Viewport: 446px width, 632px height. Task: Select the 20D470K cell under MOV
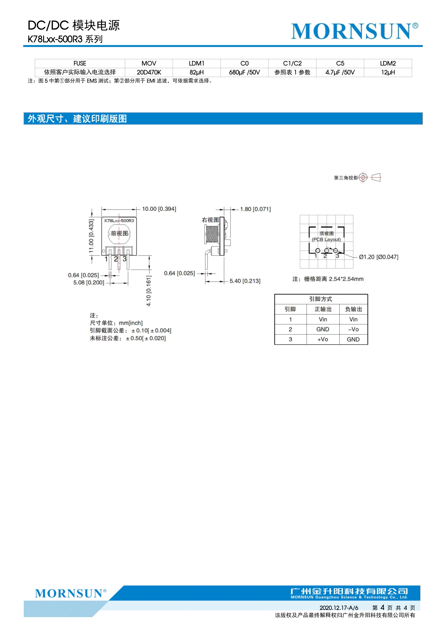149,72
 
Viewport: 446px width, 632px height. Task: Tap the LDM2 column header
388,63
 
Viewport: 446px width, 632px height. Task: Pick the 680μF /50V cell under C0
244,72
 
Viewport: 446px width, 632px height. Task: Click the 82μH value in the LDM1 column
196,72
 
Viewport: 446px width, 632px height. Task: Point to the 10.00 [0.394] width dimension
159,209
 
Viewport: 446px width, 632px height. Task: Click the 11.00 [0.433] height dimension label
91,236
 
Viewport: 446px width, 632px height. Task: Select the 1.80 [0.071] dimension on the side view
255,209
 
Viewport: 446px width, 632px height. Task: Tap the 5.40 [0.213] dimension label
245,281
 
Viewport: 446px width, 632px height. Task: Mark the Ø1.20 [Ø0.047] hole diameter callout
378,257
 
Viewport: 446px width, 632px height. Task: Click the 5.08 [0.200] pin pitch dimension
88,283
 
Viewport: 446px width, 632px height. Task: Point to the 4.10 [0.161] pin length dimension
148,291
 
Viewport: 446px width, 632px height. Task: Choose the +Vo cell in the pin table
323,340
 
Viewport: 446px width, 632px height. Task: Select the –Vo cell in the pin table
353,330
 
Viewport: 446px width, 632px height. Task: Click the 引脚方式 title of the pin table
321,299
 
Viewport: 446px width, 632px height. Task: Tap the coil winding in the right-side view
212,234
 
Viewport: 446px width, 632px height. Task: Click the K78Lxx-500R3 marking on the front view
119,221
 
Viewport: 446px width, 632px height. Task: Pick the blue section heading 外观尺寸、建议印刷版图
77,119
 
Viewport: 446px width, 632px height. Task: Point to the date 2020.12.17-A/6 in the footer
339,607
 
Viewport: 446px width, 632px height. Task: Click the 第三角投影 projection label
346,178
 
